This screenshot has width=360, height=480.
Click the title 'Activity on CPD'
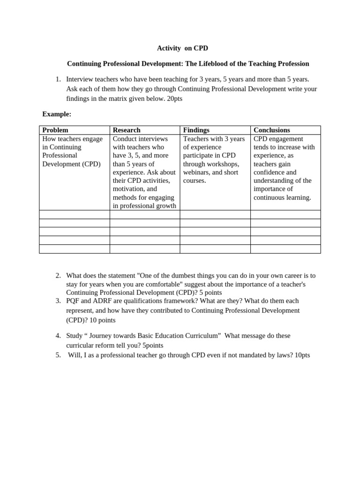point(182,48)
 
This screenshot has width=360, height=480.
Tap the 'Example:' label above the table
point(57,114)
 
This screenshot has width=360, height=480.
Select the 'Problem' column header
point(55,130)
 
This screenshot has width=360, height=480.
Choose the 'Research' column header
point(127,130)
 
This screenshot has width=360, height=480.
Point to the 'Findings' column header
point(196,130)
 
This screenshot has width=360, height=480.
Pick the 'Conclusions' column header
point(272,130)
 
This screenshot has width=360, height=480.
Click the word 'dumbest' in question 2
point(180,276)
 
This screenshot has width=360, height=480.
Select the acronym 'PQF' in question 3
point(73,301)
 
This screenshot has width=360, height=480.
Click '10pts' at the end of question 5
point(302,355)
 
